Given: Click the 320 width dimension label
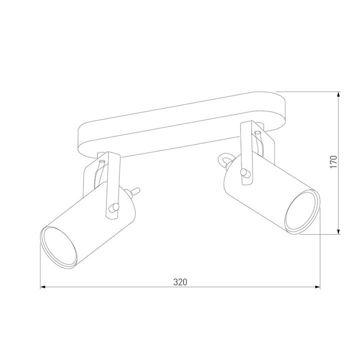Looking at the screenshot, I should coord(180,281).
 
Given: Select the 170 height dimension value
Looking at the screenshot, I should coord(334,162).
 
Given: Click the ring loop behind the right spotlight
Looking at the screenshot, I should coord(224,160).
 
